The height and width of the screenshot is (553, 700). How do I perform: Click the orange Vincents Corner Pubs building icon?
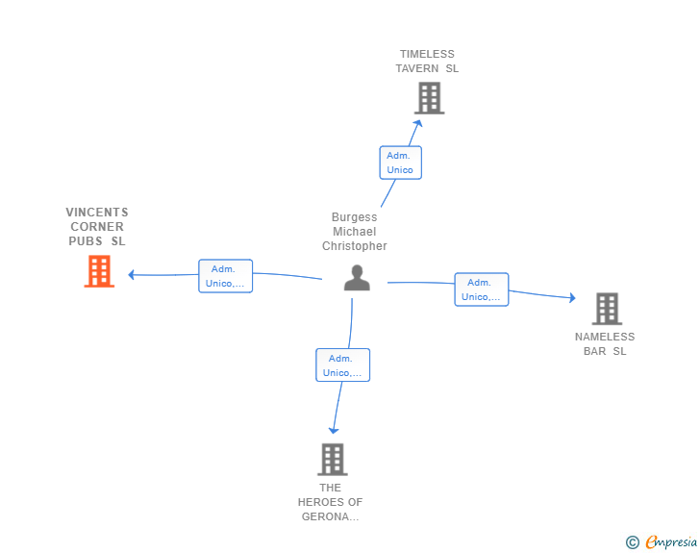point(99,271)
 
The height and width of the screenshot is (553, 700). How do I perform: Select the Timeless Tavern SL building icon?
point(429,98)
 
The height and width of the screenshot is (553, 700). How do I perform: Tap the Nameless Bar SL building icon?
point(607,309)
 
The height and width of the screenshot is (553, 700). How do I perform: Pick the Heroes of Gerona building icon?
point(333,459)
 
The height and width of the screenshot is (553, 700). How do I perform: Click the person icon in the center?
point(357,278)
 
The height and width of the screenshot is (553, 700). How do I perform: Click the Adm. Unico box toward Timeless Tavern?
point(400,163)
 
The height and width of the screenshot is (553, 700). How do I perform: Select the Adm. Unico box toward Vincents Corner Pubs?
point(225,276)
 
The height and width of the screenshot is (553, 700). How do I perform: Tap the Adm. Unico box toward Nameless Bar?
point(481,289)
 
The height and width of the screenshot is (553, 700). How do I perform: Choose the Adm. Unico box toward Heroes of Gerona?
point(343,364)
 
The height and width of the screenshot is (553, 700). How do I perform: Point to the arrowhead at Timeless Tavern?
point(418,123)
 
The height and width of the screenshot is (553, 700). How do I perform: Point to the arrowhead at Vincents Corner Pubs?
point(131,275)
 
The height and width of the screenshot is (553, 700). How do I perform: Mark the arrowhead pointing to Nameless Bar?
point(573,297)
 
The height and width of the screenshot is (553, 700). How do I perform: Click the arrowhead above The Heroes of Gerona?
point(334,431)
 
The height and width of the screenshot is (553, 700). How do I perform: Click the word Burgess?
point(355,217)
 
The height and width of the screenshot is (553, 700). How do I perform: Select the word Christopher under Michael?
point(355,246)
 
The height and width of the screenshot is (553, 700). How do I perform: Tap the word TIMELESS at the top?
point(427,54)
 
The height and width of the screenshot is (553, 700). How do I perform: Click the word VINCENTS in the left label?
point(97,213)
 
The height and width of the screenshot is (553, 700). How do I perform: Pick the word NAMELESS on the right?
point(605,337)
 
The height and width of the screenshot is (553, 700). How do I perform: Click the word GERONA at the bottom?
point(330,516)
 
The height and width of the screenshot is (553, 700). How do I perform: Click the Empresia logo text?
point(671,542)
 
